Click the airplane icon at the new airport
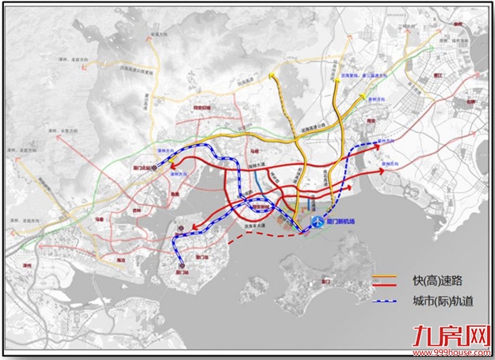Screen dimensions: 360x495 pos(318,224)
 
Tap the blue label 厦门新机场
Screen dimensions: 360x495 pos(342,224)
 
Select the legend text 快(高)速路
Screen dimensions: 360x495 pos(429,279)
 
